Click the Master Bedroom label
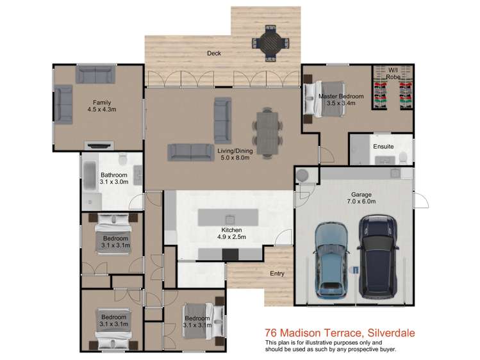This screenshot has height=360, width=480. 341,97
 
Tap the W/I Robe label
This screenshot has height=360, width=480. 393,73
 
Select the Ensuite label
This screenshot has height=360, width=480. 383,147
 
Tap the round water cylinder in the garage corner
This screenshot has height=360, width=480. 303,174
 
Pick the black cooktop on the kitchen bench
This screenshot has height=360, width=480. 229,254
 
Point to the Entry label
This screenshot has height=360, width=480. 276,274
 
